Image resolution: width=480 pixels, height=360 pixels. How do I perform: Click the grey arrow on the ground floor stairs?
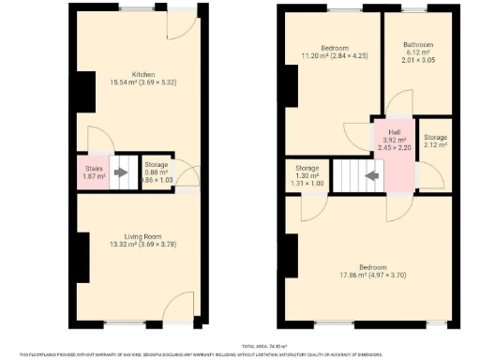(120, 172)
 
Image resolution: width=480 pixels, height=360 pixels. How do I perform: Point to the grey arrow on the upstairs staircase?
(372, 174)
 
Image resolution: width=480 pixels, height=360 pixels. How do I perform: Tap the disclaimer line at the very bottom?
(240, 354)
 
